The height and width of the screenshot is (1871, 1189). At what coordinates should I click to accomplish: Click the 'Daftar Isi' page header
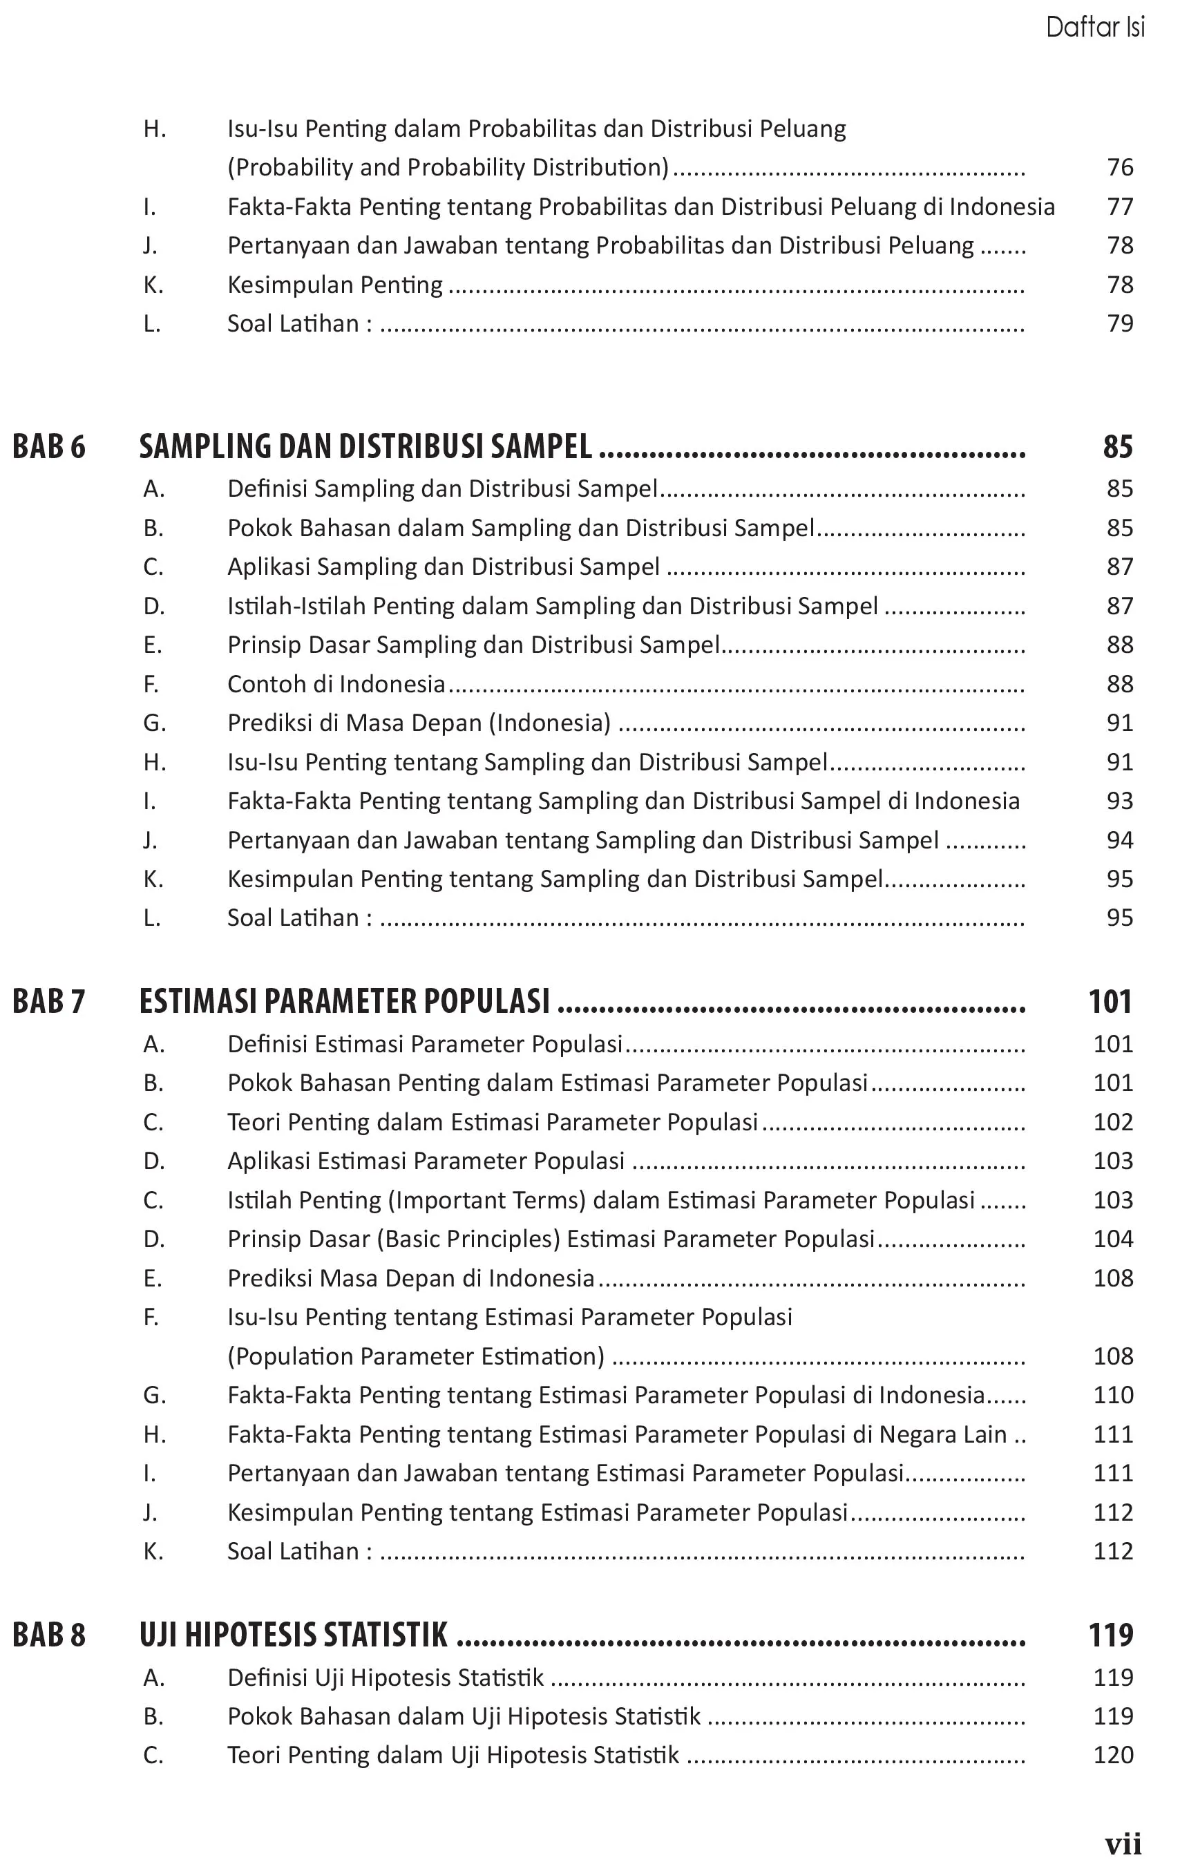coord(1094,28)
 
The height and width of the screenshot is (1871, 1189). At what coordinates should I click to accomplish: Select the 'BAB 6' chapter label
coord(49,447)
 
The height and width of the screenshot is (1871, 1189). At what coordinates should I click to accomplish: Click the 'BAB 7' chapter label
coord(49,1002)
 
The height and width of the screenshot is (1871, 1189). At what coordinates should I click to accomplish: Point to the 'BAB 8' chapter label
coord(49,1635)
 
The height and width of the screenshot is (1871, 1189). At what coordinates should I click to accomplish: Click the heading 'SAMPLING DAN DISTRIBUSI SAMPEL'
coord(365,447)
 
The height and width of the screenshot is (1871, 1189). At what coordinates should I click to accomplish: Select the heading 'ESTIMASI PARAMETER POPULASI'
coord(344,1002)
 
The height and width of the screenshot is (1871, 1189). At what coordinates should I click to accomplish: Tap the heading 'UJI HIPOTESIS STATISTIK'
coord(293,1635)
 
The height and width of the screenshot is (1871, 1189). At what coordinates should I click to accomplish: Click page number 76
coord(1120,167)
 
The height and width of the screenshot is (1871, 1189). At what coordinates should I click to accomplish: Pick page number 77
coord(1120,207)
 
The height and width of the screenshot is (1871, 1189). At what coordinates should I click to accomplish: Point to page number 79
coord(1120,323)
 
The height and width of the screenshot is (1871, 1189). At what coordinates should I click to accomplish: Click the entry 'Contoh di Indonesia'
coord(336,685)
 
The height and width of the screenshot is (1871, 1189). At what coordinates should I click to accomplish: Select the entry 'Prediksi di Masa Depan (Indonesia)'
coord(419,723)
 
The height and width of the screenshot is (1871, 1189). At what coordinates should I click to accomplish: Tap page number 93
coord(1120,801)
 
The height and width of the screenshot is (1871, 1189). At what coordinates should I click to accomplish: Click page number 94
coord(1120,841)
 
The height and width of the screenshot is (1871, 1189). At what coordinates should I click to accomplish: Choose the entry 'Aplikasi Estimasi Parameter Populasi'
coord(426,1161)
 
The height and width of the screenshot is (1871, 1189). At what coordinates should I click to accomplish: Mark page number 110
coord(1113,1396)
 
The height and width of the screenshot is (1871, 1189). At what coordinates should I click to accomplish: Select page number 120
coord(1113,1755)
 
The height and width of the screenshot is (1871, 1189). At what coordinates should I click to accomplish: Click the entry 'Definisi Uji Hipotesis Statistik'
coord(386,1678)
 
